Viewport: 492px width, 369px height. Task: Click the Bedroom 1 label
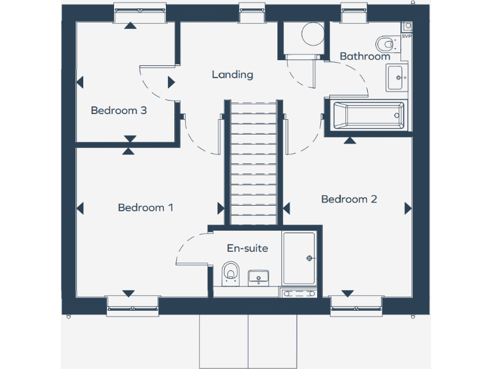tap(145, 208)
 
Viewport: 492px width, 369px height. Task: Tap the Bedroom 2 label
tap(349, 199)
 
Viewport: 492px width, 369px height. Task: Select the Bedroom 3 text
tap(119, 110)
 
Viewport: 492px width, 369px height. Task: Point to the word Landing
tap(233, 74)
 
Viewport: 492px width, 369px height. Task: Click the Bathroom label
tap(365, 56)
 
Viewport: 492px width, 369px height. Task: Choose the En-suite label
tap(247, 248)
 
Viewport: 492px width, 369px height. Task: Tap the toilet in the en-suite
tap(231, 273)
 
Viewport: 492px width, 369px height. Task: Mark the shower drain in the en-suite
tap(310, 258)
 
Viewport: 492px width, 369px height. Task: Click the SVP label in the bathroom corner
tap(406, 36)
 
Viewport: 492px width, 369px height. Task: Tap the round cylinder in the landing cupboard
tap(312, 35)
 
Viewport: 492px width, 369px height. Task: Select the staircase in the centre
tap(252, 163)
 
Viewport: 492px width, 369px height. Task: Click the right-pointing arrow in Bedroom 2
tap(407, 208)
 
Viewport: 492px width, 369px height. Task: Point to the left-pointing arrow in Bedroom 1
tap(81, 208)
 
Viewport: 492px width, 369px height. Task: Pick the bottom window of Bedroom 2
tap(356, 305)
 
